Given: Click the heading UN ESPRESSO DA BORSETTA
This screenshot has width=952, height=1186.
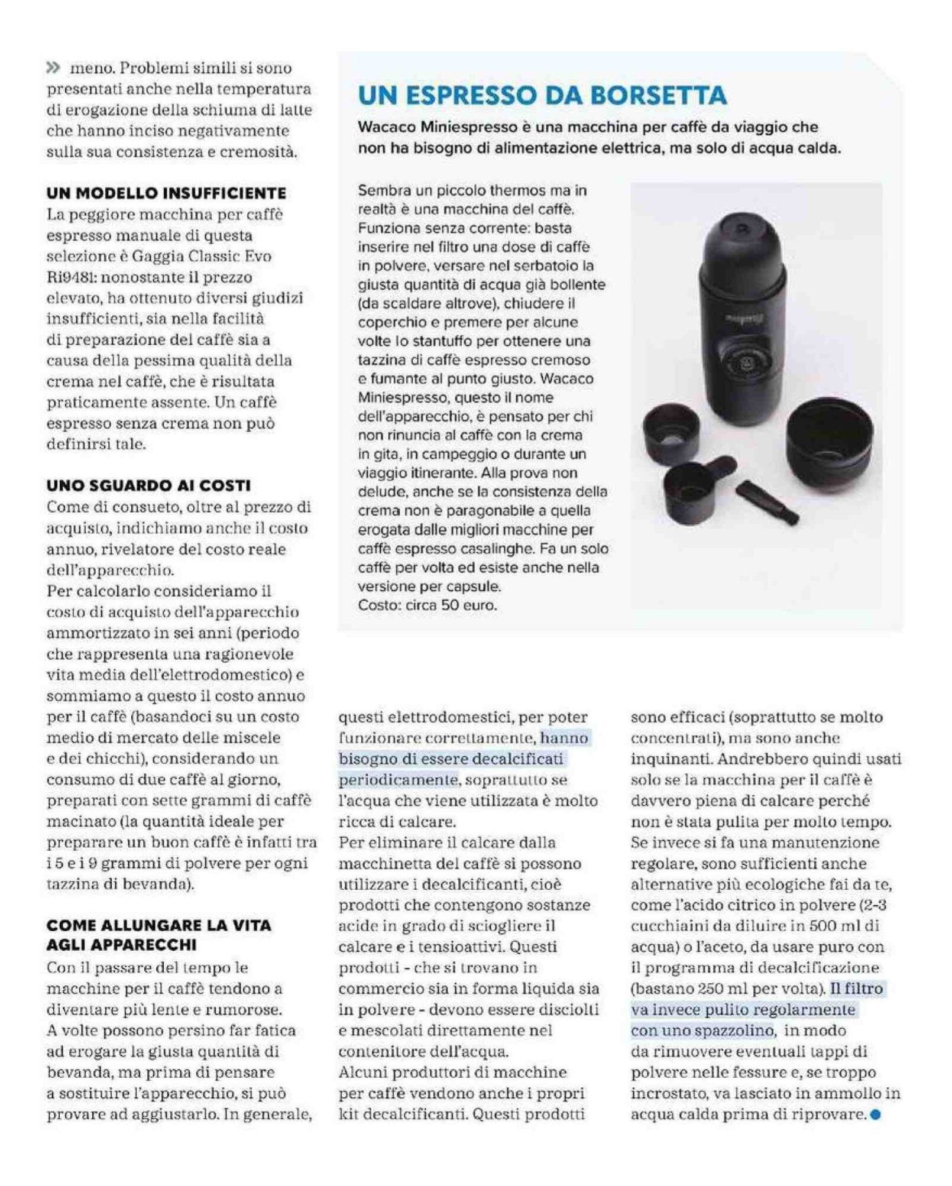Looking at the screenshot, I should tap(542, 96).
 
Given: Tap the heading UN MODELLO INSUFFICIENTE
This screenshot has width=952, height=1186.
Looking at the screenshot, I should tap(166, 193).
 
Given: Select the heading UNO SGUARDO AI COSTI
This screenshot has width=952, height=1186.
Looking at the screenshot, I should tap(148, 485).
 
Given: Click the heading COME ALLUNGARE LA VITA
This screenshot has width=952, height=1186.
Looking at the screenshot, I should tap(158, 925).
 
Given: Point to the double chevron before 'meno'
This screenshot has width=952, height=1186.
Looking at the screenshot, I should tap(53, 68).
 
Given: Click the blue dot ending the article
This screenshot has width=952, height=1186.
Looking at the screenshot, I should tap(876, 1115).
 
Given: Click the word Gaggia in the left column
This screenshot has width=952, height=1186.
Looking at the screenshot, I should tap(157, 257).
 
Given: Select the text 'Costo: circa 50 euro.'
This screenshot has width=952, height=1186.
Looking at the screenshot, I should tap(428, 605).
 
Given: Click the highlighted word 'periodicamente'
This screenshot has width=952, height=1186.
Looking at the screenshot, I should tap(398, 780).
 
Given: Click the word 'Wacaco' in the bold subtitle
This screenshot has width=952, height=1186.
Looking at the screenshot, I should tap(387, 127).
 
